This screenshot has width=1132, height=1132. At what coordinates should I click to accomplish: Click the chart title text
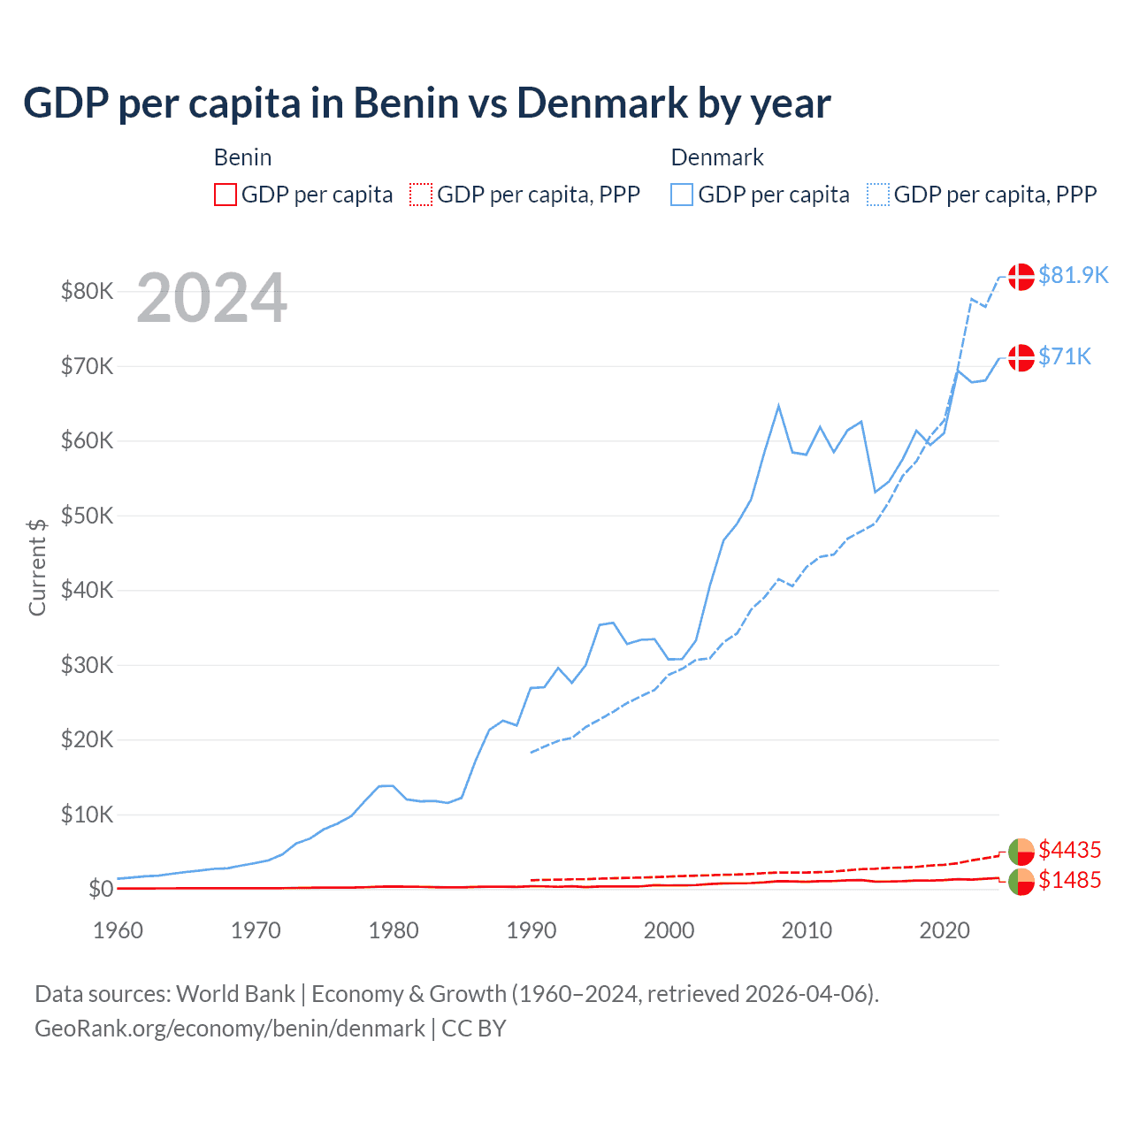pyautogui.click(x=426, y=103)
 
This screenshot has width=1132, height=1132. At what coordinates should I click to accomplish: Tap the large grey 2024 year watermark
pyautogui.click(x=211, y=298)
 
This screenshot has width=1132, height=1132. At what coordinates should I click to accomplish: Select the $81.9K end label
pyautogui.click(x=1073, y=275)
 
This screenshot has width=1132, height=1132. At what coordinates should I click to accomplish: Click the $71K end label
pyautogui.click(x=1064, y=356)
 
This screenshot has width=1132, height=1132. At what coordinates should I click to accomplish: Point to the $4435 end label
pyautogui.click(x=1069, y=850)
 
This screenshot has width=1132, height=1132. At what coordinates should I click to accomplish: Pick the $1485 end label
pyautogui.click(x=1069, y=880)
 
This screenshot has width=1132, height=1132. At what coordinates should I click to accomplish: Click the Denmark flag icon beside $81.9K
pyautogui.click(x=1021, y=276)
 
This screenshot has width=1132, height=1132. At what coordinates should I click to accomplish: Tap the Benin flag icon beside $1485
pyautogui.click(x=1021, y=882)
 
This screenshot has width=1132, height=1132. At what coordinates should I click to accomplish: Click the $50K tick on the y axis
pyautogui.click(x=87, y=516)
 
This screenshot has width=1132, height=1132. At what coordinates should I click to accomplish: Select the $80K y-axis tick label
pyautogui.click(x=87, y=291)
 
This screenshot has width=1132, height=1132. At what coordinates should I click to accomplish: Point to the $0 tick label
pyautogui.click(x=100, y=889)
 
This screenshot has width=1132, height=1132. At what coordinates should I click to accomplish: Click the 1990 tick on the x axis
pyautogui.click(x=532, y=930)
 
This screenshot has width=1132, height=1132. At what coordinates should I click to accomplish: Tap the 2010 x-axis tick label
pyautogui.click(x=807, y=930)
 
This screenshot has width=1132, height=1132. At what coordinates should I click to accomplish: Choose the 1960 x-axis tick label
pyautogui.click(x=119, y=930)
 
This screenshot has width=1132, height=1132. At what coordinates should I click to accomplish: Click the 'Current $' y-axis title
pyautogui.click(x=37, y=567)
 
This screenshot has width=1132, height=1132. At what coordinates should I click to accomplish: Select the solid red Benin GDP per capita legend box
pyautogui.click(x=226, y=195)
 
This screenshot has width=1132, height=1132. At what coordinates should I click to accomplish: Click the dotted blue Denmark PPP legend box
pyautogui.click(x=878, y=195)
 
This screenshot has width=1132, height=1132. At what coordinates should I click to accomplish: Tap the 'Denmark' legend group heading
pyautogui.click(x=717, y=157)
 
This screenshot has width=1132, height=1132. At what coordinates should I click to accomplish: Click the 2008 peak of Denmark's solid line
pyautogui.click(x=778, y=406)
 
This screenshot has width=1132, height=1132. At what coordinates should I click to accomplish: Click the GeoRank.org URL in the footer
pyautogui.click(x=230, y=1029)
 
